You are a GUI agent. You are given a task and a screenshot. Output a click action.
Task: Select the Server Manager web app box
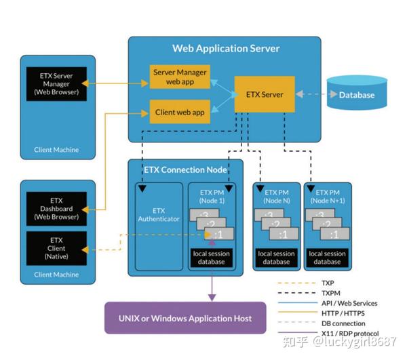click(179, 77)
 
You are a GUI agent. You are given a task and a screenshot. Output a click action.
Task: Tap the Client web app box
click(179, 112)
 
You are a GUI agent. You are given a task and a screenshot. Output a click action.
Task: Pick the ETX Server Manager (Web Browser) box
click(57, 83)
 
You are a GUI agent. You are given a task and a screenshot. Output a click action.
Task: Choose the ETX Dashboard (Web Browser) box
click(57, 209)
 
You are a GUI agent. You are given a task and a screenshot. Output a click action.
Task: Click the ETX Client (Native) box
click(57, 246)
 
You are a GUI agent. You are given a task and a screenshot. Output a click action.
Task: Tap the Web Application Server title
click(226, 49)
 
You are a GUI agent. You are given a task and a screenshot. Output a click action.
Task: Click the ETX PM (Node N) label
click(277, 197)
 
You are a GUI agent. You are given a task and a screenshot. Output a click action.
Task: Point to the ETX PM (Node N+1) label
click(327, 197)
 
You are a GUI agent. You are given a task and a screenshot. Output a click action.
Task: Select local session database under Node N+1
click(327, 258)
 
